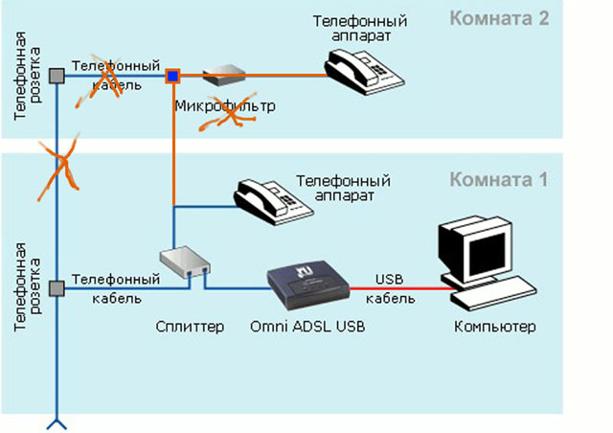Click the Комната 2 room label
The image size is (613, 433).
500,18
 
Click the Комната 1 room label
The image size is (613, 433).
500,180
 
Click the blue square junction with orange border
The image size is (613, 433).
173,75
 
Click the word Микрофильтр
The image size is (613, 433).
225,105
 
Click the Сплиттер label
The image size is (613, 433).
190,327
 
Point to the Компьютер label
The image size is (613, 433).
494,327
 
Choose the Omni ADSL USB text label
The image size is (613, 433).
307,327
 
